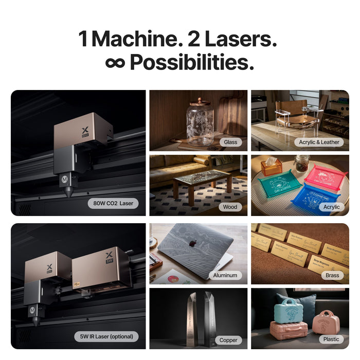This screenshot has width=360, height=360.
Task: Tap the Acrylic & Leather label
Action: tap(319, 141)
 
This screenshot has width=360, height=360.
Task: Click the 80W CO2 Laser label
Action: tap(113, 203)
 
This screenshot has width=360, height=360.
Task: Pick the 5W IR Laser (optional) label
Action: tap(106, 337)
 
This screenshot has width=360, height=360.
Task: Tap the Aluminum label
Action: tap(225, 275)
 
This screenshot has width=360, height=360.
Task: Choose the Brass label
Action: tap(332, 275)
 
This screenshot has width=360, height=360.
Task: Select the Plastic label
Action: tap(331, 339)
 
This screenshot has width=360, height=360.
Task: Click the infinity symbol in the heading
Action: tap(115, 62)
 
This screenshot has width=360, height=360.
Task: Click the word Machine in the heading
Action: tap(135, 39)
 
